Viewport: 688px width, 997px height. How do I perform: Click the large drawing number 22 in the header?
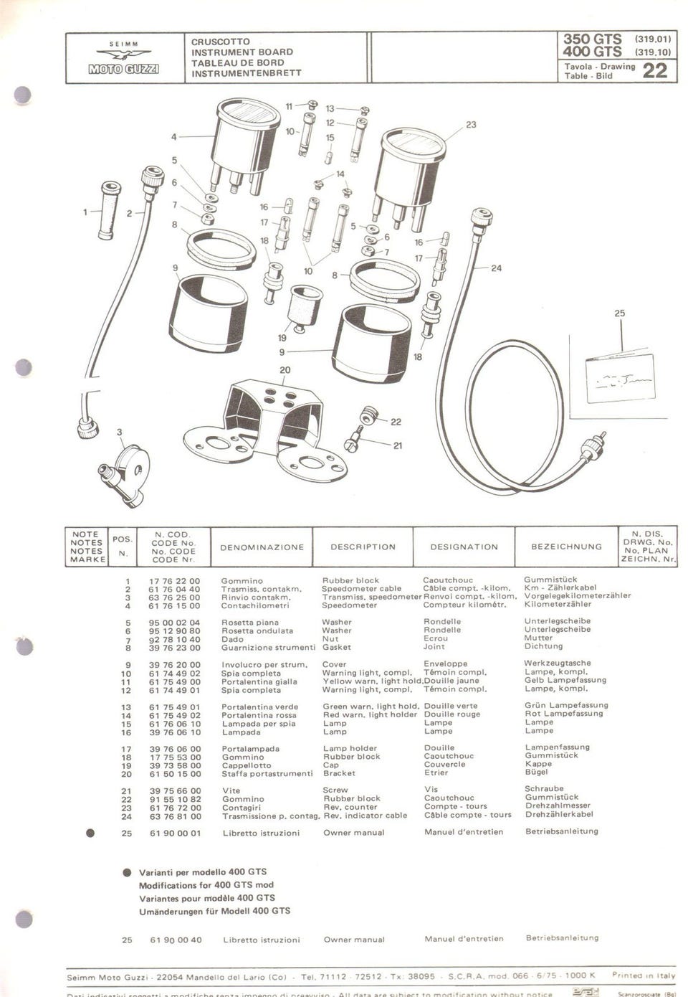pos(654,70)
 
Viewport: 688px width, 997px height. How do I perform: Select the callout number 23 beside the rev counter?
pos(471,125)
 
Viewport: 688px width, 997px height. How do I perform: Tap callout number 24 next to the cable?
pos(496,268)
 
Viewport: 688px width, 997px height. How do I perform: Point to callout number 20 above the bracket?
pos(285,370)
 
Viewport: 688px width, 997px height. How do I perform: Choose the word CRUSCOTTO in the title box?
pos(221,42)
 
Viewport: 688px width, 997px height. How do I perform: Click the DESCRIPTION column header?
pos(363,547)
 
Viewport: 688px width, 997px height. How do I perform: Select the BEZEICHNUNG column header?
pos(566,547)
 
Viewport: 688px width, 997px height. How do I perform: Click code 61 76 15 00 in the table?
pos(174,605)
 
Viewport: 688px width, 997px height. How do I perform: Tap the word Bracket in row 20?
pos(339,773)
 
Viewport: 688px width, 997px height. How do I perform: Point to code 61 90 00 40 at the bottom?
pos(176,940)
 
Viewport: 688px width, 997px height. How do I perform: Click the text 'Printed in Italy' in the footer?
pos(643,975)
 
